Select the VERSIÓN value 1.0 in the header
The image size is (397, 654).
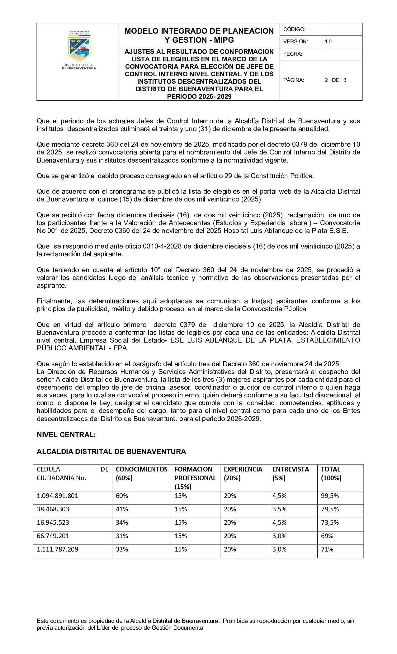tap(328, 41)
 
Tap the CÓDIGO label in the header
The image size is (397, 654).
tap(294, 29)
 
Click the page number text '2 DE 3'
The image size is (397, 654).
tap(335, 80)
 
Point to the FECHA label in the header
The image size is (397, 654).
tap(293, 54)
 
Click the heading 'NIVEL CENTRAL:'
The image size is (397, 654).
tap(66, 435)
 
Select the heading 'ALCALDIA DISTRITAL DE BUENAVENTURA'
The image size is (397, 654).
tap(111, 452)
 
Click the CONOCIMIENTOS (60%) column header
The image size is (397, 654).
tap(141, 473)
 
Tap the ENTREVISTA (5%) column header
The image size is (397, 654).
tap(291, 473)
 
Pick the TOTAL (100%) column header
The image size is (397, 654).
tap(331, 473)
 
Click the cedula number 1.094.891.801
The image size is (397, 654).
tap(58, 496)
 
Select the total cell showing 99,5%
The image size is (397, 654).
tap(330, 496)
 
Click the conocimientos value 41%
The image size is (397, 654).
tap(122, 509)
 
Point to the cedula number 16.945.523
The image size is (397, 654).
tap(53, 523)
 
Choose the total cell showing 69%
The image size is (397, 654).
tap(327, 536)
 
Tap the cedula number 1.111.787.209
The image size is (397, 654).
tap(58, 549)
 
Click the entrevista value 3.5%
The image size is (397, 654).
tap(279, 509)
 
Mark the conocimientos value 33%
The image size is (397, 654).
tap(122, 549)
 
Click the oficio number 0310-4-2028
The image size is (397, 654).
tap(162, 246)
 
